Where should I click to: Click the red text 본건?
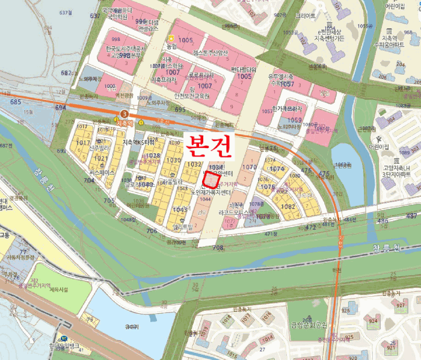click(208, 145)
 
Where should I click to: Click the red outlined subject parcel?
click(210, 178)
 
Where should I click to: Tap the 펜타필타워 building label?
click(244, 69)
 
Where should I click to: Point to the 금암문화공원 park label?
click(308, 325)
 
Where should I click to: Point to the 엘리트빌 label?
click(180, 227)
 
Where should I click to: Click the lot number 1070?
click(248, 167)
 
